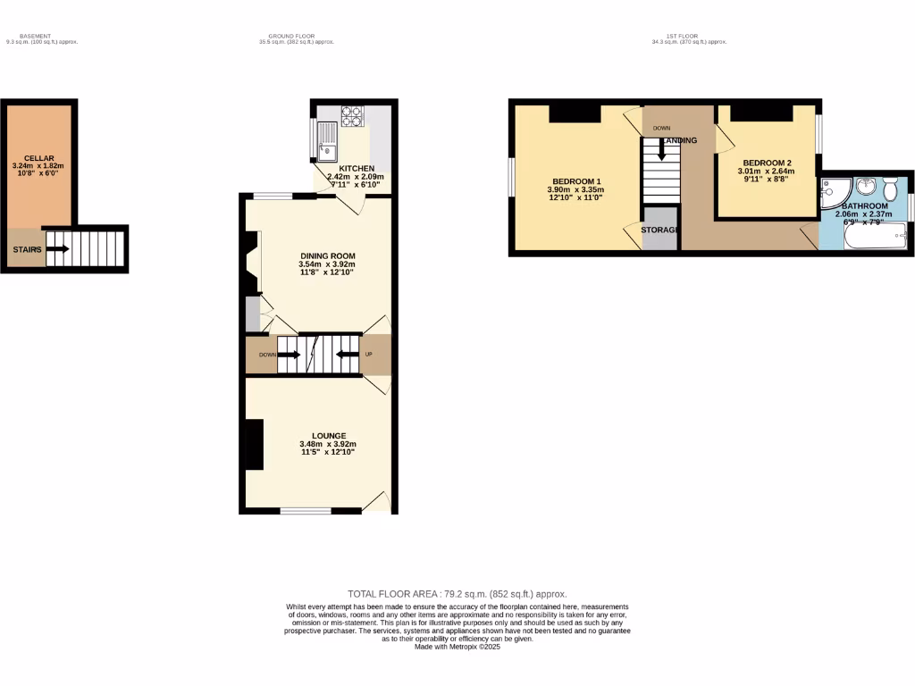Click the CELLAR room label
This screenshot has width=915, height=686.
[38, 158]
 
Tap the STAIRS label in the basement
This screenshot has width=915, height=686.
[27, 250]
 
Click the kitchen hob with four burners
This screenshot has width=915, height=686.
[352, 116]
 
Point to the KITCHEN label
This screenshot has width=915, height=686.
[357, 168]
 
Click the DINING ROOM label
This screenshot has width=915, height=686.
[326, 255]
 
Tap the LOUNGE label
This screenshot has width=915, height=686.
[328, 436]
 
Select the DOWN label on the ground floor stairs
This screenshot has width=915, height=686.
[267, 354]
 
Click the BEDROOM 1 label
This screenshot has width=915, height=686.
[575, 180]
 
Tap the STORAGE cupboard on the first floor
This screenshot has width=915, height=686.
[661, 230]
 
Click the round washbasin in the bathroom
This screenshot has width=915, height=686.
[864, 187]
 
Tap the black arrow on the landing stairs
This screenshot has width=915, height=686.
[661, 154]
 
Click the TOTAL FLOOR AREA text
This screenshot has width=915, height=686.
[457, 594]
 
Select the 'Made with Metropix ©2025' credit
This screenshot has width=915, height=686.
[457, 647]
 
